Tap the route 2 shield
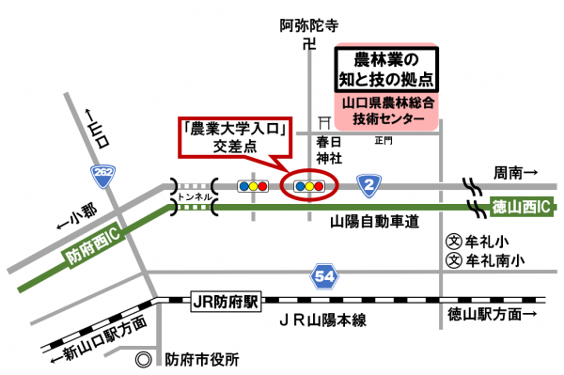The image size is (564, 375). click(370, 185)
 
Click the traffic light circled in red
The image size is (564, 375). click(309, 185)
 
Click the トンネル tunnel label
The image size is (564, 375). click(195, 197)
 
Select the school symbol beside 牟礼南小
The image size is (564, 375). click(453, 260)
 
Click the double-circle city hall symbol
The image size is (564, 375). click(143, 359)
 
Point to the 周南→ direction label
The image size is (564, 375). click(515, 172)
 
